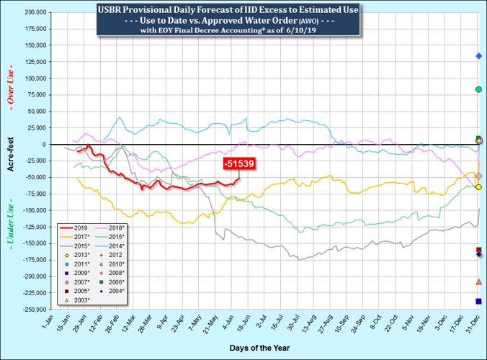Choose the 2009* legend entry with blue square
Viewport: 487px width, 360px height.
76,273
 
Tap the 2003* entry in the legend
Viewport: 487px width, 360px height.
76,300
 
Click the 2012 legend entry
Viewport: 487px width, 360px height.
115,254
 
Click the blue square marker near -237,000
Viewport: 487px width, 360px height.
478,301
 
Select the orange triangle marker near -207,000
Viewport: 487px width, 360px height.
478,282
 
